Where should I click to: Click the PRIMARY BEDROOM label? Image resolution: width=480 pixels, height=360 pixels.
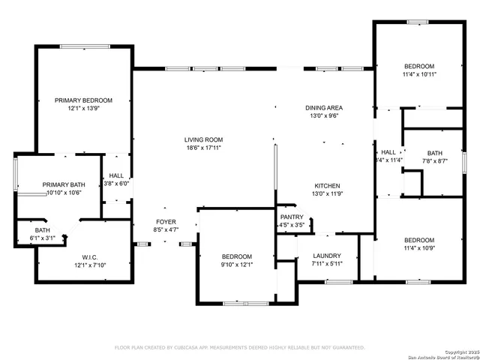(x=83, y=100)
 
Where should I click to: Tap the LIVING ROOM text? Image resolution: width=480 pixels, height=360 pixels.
(x=204, y=139)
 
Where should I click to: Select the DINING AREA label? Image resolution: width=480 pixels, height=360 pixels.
(x=324, y=108)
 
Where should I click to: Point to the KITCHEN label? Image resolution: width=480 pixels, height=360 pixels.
(x=327, y=186)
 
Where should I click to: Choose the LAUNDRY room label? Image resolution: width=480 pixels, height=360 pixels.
(x=327, y=256)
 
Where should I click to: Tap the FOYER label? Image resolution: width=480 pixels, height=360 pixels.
(x=166, y=222)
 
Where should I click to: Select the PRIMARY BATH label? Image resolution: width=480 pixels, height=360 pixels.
(x=64, y=184)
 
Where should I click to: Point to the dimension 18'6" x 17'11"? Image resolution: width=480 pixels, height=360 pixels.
(x=204, y=148)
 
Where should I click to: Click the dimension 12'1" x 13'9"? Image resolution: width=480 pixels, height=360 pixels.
(x=83, y=109)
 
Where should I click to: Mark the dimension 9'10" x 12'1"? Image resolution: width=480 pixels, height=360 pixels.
(x=236, y=265)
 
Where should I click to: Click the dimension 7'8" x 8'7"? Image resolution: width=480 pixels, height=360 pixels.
(x=434, y=160)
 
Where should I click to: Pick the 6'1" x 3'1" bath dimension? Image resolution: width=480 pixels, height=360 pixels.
(x=43, y=238)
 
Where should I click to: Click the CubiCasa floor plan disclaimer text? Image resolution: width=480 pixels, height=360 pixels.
(x=239, y=347)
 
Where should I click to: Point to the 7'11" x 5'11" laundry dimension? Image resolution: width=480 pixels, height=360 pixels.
(x=327, y=264)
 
